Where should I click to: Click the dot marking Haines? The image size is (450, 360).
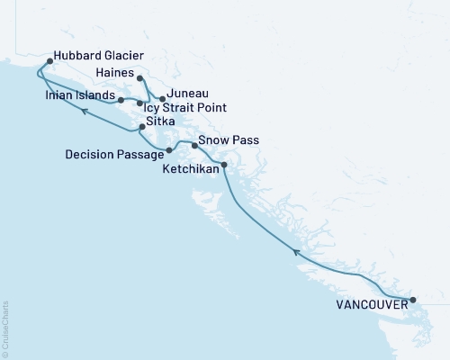(139, 78)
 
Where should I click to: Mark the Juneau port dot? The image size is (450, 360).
(162, 98)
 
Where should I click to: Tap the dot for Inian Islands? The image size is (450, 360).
(120, 99)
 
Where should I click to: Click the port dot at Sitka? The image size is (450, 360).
(142, 130)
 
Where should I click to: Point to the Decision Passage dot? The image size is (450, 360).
(169, 150)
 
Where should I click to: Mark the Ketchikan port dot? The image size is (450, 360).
(223, 164)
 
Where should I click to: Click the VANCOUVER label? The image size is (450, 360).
(369, 305)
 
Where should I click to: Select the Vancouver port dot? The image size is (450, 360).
(411, 300)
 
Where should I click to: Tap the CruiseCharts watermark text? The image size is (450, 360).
(5, 329)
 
